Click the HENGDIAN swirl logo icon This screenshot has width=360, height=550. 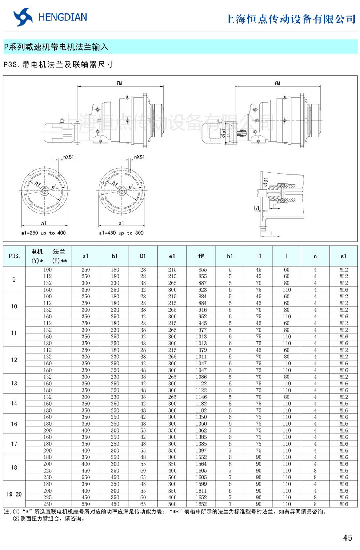23,17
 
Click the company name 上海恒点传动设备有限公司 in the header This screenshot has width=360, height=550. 290,19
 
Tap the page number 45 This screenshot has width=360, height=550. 347,538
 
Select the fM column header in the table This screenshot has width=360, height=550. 201,256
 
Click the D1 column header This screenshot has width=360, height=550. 143,256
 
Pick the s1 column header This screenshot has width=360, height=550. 344,256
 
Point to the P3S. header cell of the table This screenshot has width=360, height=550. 14,256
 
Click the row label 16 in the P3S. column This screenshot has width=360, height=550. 14,424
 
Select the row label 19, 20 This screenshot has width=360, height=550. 14,494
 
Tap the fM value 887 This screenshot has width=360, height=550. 202,283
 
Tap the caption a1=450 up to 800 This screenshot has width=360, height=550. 121,233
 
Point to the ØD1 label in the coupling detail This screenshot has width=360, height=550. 266,182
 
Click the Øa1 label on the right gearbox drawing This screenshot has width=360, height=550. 224,133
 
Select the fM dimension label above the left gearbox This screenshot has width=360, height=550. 119,83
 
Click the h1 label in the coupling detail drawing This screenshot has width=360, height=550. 257,208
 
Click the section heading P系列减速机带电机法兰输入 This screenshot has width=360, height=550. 56,47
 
